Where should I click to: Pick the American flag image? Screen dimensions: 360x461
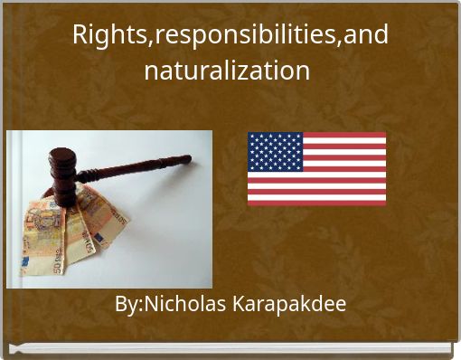[x=316, y=168]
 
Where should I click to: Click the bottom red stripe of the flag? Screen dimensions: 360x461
[x=316, y=202]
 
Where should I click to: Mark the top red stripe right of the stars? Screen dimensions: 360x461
[x=343, y=136]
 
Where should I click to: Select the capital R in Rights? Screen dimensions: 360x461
[x=80, y=35]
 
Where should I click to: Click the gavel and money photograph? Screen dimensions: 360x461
[x=109, y=209]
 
